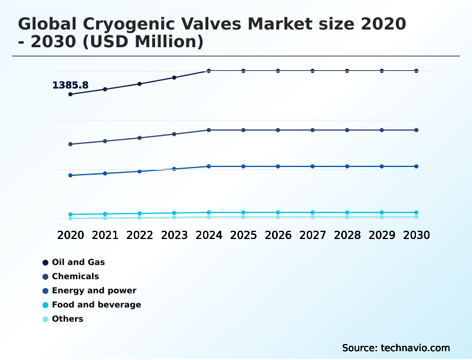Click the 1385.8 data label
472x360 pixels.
(x=70, y=85)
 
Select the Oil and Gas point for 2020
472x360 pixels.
(x=70, y=94)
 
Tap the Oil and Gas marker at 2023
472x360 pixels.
(x=174, y=77)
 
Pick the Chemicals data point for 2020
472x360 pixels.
(x=70, y=144)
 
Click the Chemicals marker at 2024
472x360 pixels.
(x=209, y=130)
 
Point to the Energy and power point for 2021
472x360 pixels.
(x=105, y=174)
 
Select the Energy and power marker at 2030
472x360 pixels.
(x=416, y=166)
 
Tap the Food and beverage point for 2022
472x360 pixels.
(x=140, y=214)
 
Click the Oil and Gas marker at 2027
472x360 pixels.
(x=313, y=71)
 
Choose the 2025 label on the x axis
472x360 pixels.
(x=243, y=235)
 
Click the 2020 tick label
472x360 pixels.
(x=70, y=235)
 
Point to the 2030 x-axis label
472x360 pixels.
(x=416, y=235)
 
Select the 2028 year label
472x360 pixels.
(x=347, y=235)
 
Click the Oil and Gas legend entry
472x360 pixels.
(x=78, y=262)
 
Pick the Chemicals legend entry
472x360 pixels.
(x=75, y=276)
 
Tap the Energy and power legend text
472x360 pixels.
(x=94, y=290)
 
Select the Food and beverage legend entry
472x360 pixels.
(x=96, y=305)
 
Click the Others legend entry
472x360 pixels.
(x=67, y=319)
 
